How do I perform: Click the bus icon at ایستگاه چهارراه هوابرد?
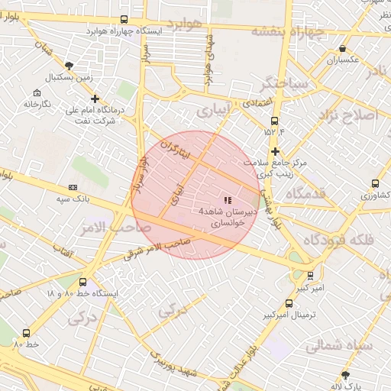click(x=124, y=20)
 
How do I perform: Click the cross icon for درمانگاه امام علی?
click(x=95, y=99)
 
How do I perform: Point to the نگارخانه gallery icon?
click(x=31, y=91)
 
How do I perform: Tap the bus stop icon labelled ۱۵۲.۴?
click(x=274, y=121)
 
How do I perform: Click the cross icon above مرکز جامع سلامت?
click(x=275, y=151)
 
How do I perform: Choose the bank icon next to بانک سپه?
click(x=73, y=187)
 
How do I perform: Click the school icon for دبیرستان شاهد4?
click(x=228, y=199)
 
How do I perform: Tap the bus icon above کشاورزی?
click(x=374, y=183)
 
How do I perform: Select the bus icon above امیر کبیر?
click(x=309, y=275)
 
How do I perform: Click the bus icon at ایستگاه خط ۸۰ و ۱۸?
click(x=84, y=280)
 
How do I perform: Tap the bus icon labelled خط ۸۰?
click(x=27, y=333)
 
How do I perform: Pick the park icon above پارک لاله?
click(x=345, y=374)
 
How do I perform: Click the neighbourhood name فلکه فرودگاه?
click(x=339, y=240)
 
